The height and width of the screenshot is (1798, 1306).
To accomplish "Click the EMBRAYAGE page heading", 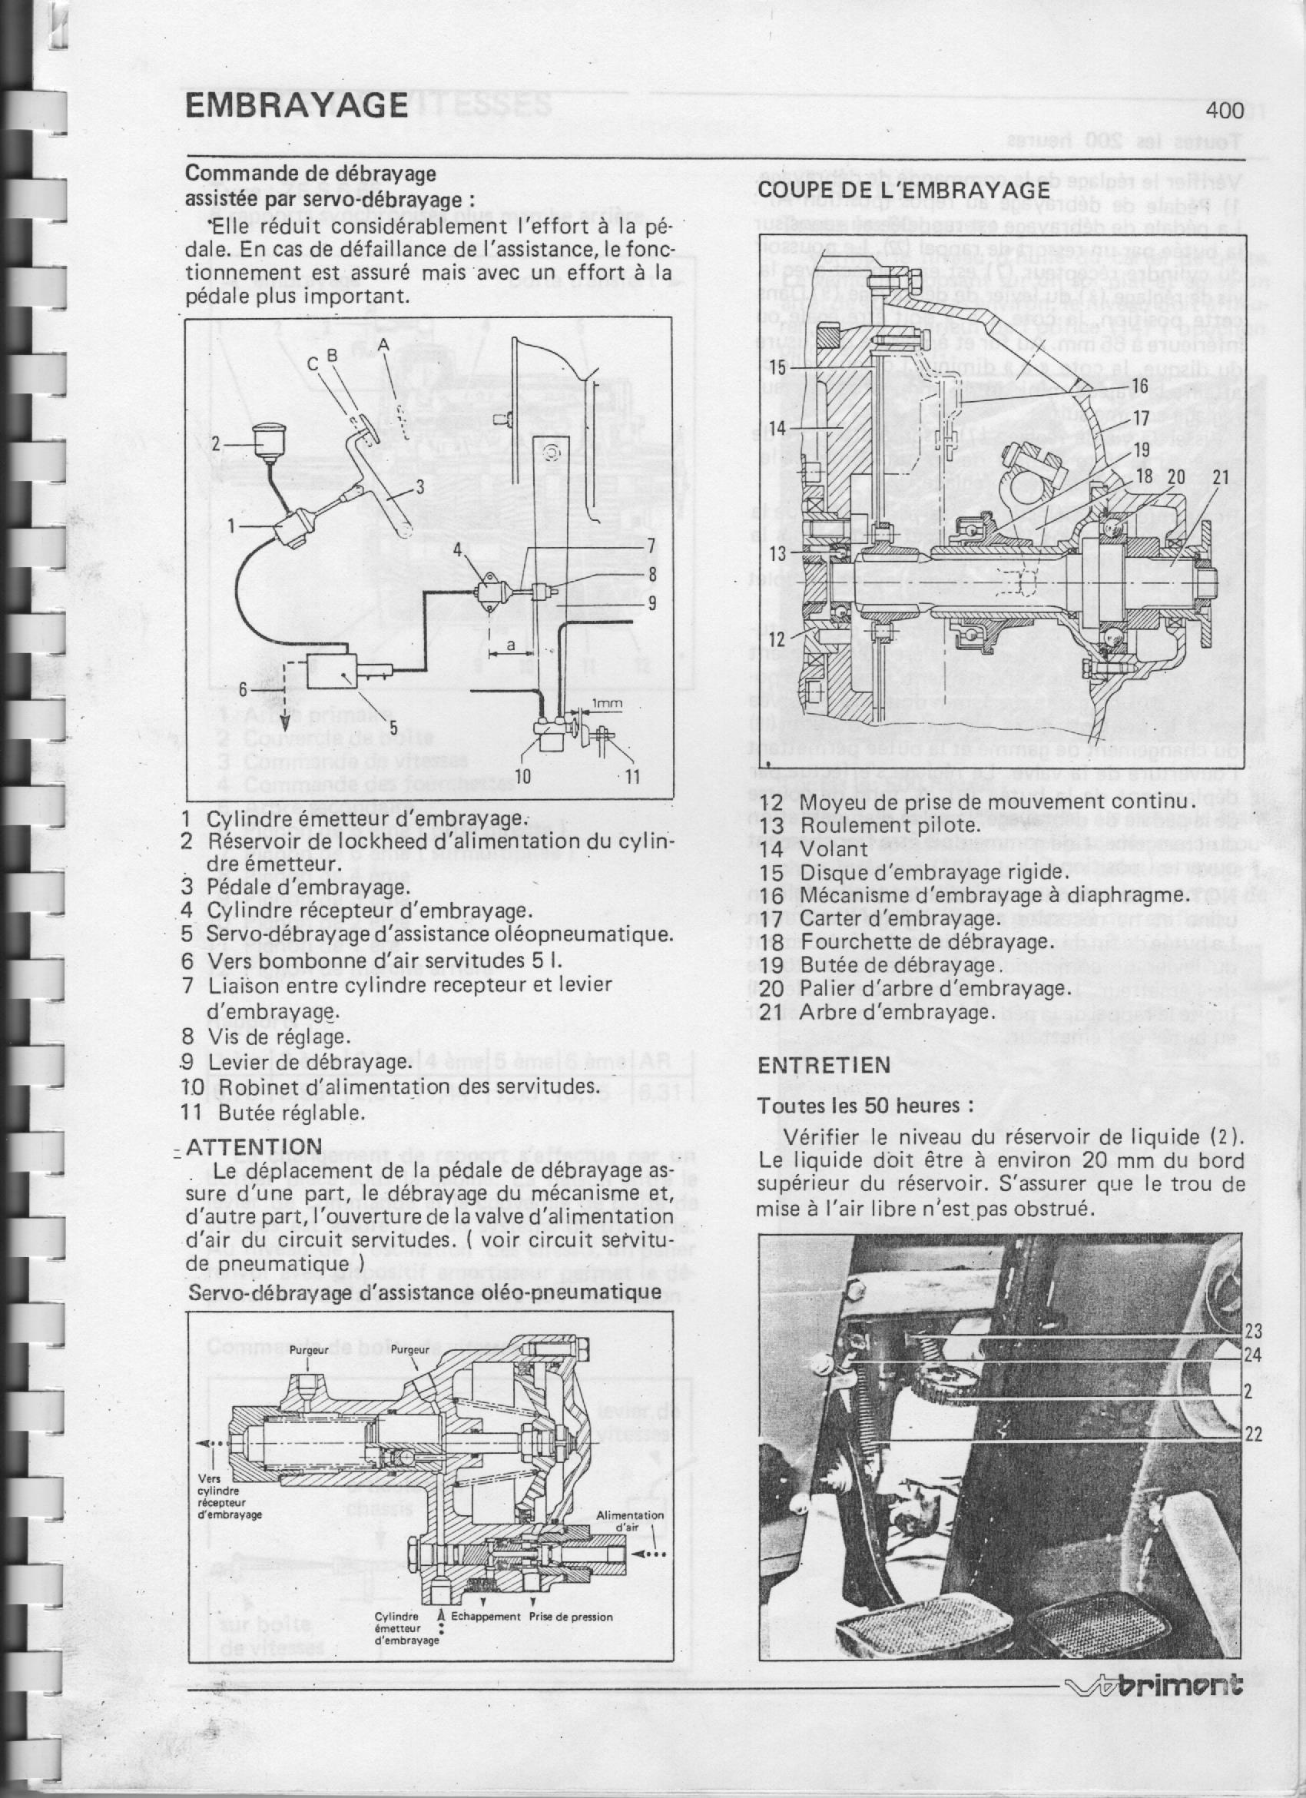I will coord(297,105).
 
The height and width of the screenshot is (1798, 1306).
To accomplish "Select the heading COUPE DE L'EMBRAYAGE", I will coord(904,191).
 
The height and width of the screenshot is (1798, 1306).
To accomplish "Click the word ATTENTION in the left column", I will coord(254,1147).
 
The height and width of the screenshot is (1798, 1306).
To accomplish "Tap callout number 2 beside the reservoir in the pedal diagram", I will coord(215,444).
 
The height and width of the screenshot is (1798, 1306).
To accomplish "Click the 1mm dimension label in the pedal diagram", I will coord(608,704).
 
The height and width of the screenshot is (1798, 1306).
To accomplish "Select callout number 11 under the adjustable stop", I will coord(631,777).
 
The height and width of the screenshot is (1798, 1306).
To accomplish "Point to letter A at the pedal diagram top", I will coord(383,344).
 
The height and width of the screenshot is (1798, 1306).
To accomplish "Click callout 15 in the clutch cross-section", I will coord(777,368).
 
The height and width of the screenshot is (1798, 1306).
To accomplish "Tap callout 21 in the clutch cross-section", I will coord(1221,477).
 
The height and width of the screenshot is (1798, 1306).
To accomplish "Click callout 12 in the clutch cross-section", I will coord(777,639).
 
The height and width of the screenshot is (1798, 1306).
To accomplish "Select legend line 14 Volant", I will coord(814,848).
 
